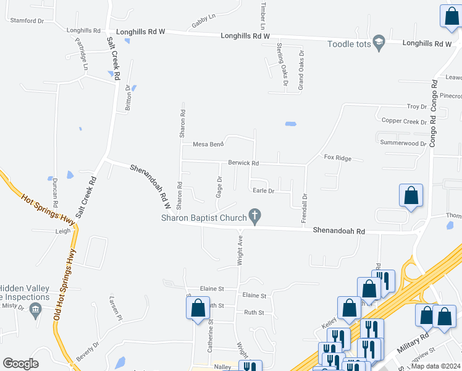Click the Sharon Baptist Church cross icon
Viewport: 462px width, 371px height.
tap(254, 216)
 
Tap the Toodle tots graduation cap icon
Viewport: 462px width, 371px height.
tap(379, 42)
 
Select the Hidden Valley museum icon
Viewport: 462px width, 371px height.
tap(35, 309)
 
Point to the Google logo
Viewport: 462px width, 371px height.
tap(20, 364)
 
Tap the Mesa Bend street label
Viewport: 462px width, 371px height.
tap(208, 144)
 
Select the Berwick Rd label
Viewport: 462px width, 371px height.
tap(243, 163)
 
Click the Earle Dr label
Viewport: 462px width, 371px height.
tap(263, 190)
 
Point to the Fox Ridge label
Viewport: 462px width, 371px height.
tap(337, 158)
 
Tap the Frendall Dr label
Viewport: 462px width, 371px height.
tap(304, 208)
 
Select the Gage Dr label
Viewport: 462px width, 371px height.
tap(219, 186)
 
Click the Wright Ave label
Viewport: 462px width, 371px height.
tap(239, 249)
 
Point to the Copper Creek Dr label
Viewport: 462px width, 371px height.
tap(404, 121)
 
